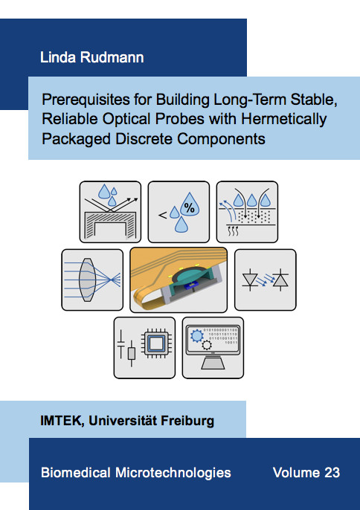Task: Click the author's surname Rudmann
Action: coord(112,57)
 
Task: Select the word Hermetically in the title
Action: coord(283,119)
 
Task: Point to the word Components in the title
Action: coord(221,138)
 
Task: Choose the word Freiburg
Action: coord(187,421)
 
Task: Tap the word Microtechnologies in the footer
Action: coord(173,472)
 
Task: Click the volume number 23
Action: coord(332,472)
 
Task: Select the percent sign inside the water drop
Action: coord(190,207)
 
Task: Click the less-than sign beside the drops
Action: coord(162,215)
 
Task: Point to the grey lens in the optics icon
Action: coord(87,280)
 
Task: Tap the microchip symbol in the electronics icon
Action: coord(155,343)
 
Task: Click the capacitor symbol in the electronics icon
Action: coord(120,343)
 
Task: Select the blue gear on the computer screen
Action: coord(196,336)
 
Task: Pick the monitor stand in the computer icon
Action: coord(213,363)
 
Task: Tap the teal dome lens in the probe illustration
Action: coord(189,277)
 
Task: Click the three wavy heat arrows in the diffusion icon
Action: coord(233,231)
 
